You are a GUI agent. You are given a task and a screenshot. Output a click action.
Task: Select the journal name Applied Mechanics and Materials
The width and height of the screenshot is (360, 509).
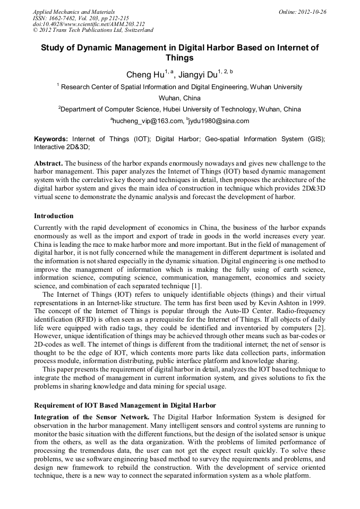[74, 12]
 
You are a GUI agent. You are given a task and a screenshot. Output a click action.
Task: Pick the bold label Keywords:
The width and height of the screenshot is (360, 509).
[51, 139]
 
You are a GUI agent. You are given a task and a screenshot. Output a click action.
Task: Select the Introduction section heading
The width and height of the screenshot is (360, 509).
[54, 216]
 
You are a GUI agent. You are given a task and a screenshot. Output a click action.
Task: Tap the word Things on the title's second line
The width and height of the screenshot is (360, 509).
[180, 58]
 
